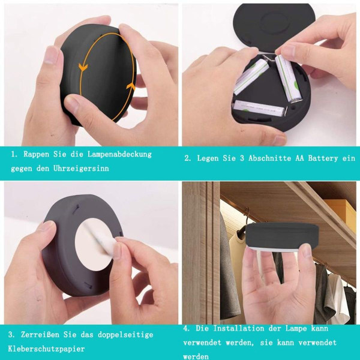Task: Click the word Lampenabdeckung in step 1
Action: (x=119, y=155)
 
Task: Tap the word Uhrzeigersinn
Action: (x=81, y=169)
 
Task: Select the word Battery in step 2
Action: (x=323, y=158)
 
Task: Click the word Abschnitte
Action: (x=269, y=158)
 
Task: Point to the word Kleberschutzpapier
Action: (x=46, y=349)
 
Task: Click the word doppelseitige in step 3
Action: (x=125, y=335)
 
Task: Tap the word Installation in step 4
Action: (x=239, y=328)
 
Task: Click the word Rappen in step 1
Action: (x=36, y=155)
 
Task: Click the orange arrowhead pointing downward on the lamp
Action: (x=83, y=67)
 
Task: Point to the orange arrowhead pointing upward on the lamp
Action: (x=131, y=86)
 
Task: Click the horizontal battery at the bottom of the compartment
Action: (x=259, y=107)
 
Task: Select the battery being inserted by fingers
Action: (x=288, y=78)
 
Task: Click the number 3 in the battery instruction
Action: (x=242, y=158)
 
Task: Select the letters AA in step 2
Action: (x=299, y=158)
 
